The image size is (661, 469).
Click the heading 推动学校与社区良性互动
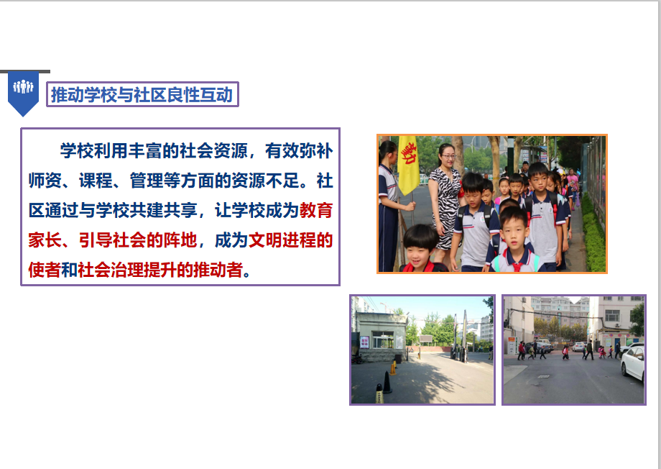tap(142, 94)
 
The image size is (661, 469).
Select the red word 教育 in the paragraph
tap(316, 210)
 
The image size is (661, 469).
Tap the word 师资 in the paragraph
tap(45, 181)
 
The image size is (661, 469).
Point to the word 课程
tap(96, 181)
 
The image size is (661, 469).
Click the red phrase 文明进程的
tap(290, 240)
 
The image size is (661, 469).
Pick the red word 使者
tap(45, 270)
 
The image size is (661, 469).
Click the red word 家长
tap(45, 240)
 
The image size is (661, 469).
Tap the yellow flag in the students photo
tap(408, 165)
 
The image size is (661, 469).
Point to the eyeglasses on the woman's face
tap(448, 156)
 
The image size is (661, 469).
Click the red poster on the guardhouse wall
tap(364, 342)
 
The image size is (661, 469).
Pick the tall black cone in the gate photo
tap(387, 383)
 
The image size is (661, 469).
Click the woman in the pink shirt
tap(573, 185)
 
